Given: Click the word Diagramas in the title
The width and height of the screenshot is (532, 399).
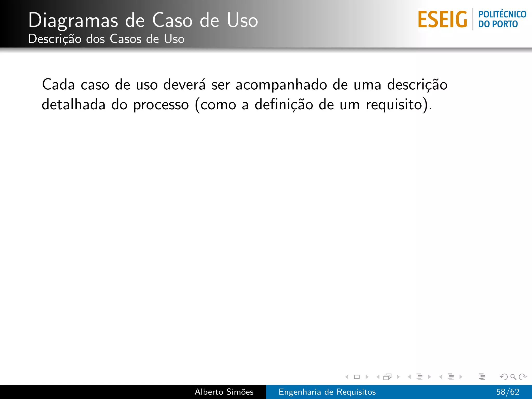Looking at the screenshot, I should [73, 20].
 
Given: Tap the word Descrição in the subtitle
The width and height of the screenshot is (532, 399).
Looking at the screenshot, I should [55, 39].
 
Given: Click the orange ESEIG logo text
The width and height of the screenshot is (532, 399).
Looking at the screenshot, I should [442, 19].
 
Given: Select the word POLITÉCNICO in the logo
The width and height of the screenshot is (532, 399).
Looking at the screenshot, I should [502, 14].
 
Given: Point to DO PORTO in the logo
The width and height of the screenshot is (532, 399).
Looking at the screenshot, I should [498, 24].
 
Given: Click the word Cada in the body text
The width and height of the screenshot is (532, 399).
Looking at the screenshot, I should [58, 85].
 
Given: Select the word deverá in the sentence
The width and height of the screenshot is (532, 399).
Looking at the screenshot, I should [184, 85].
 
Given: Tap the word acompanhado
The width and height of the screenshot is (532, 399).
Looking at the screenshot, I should [281, 85].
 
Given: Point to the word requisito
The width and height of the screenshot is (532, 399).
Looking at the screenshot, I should [394, 105].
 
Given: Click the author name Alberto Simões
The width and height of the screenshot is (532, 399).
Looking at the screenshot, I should [224, 392].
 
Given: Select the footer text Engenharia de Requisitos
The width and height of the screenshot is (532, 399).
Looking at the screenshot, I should [327, 392].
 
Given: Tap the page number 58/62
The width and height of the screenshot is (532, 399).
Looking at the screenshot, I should [508, 392].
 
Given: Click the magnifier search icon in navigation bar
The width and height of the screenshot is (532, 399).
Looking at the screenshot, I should [513, 377].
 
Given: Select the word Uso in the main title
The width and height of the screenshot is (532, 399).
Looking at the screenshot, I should [242, 20].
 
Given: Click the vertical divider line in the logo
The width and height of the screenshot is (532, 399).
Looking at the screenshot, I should [473, 19].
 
